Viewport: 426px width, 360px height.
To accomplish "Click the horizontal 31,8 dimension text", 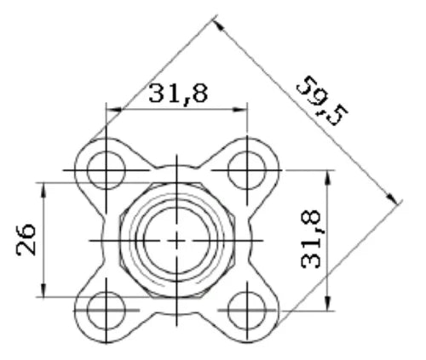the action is tap(178, 93).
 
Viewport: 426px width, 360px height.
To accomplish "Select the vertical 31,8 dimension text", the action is tap(310, 239).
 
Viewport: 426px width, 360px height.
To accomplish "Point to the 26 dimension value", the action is tap(26, 240).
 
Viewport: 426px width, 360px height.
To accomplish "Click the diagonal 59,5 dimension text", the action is tap(322, 100).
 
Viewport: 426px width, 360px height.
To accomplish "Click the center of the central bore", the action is tap(176, 241).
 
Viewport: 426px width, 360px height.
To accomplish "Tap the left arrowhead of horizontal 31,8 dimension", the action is tap(113, 110).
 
